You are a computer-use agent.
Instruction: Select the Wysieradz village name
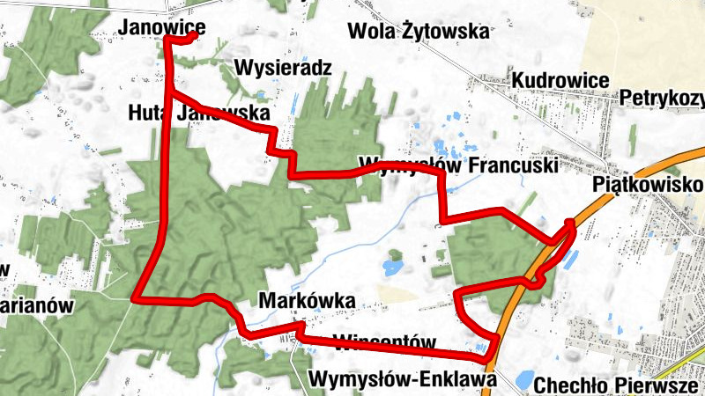[283, 68]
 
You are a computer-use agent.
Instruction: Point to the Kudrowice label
[560, 81]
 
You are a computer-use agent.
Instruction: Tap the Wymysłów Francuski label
[458, 165]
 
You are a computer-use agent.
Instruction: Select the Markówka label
[308, 301]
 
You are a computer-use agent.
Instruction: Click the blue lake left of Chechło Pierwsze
[523, 380]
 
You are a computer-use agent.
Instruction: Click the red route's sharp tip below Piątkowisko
[570, 222]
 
